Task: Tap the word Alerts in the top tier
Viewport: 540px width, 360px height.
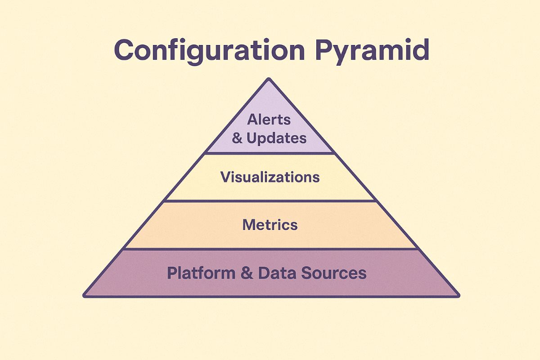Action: tap(269, 120)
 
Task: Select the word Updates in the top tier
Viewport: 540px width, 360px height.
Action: tap(277, 138)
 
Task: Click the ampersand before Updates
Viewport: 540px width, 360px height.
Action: tap(237, 138)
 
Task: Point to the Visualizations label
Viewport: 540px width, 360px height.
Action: tap(270, 177)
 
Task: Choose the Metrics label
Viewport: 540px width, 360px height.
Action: tap(270, 225)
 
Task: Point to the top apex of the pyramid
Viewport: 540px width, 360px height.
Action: tap(269, 80)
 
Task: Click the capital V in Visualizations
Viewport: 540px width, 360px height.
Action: tap(225, 177)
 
